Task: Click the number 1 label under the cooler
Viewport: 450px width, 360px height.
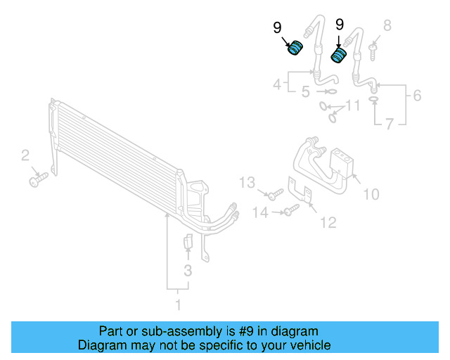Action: tap(178, 304)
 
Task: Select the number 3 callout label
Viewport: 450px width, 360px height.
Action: tap(188, 271)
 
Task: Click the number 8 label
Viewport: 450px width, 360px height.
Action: tap(386, 27)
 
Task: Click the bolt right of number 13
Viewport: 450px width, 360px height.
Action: tap(274, 192)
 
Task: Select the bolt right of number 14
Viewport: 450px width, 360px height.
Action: tap(289, 211)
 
